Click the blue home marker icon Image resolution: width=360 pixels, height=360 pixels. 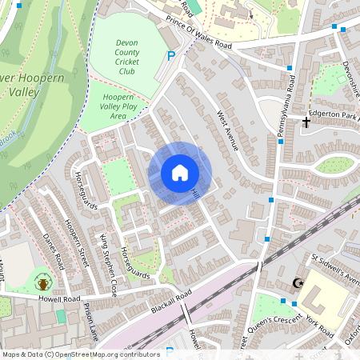[180, 173]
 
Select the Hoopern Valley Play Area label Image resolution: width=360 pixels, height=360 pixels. [118, 106]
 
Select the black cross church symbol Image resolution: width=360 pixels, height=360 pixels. [306, 122]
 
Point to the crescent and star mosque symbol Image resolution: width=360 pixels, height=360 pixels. [300, 282]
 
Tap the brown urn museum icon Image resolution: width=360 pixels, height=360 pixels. [42, 282]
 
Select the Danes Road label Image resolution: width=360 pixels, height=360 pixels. [51, 250]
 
